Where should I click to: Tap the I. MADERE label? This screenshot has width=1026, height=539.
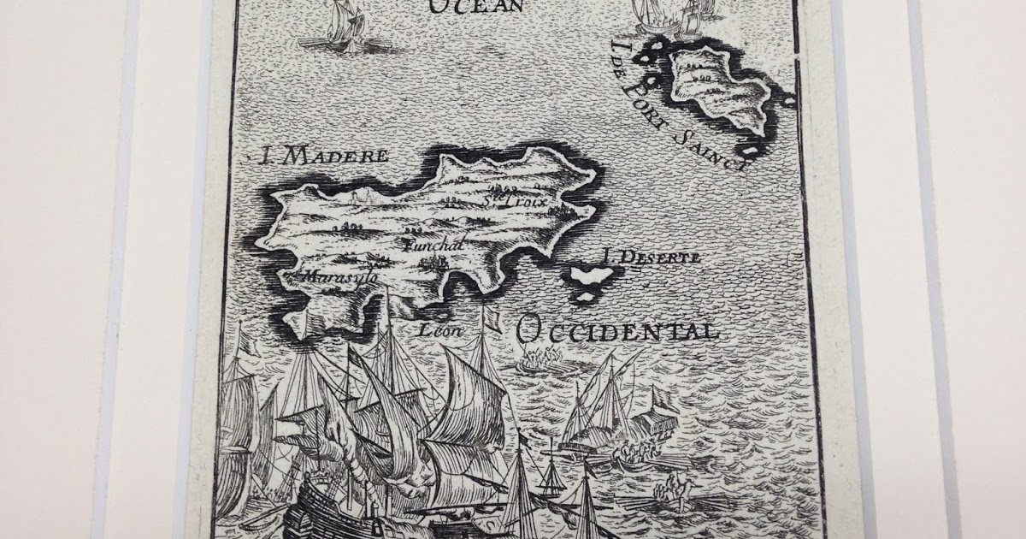(324, 156)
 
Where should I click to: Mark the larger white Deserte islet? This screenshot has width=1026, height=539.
(595, 276)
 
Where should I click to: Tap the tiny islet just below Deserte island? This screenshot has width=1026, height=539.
(587, 295)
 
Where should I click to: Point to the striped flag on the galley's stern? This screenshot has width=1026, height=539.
(658, 401)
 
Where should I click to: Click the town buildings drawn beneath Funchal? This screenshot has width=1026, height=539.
(432, 260)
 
